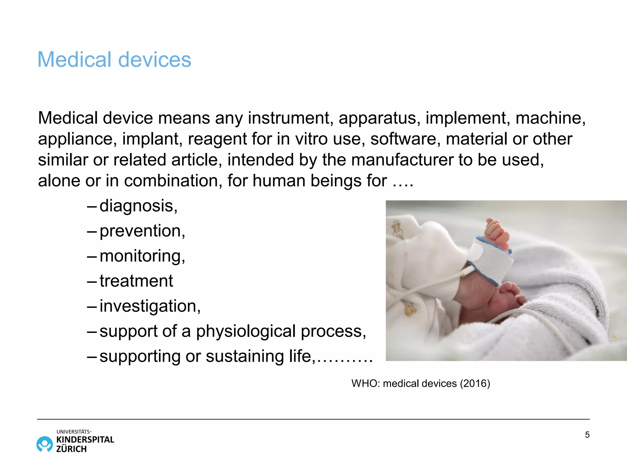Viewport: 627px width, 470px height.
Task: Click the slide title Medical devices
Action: (x=114, y=59)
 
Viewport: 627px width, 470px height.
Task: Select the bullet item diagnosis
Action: (x=138, y=206)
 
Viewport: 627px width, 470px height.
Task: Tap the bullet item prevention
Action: (x=142, y=231)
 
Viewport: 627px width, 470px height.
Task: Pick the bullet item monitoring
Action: (x=142, y=256)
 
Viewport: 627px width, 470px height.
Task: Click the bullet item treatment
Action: (x=136, y=281)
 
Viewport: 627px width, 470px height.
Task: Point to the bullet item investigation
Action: (x=150, y=306)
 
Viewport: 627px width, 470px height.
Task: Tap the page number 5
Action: (x=587, y=435)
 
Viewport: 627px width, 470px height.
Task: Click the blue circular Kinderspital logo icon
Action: (x=45, y=444)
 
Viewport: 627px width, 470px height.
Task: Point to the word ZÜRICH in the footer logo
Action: (x=71, y=449)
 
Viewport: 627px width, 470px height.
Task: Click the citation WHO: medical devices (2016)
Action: (x=421, y=383)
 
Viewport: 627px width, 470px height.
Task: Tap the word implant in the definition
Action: (x=150, y=139)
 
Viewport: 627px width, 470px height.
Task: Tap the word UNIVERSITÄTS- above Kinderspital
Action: (x=74, y=432)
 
